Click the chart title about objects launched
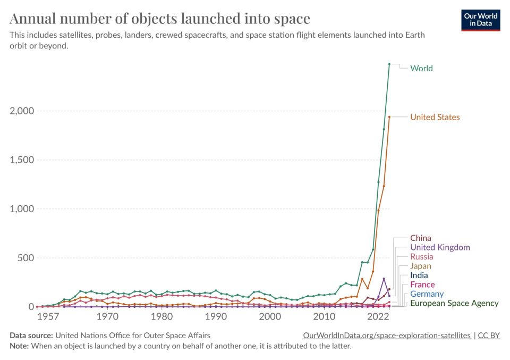[160, 19]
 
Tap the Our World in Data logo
[481, 19]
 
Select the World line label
[421, 68]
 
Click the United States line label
[435, 117]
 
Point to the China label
[420, 238]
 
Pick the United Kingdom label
[440, 247]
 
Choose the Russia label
[421, 257]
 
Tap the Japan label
[420, 266]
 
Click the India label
[419, 275]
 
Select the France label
[422, 284]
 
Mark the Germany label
[427, 294]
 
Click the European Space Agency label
[454, 303]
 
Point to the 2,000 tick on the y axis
[21, 111]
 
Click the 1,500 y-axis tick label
[21, 160]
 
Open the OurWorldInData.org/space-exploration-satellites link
[387, 336]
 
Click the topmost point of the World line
[389, 64]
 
